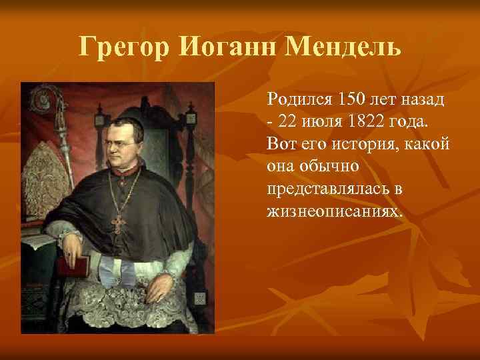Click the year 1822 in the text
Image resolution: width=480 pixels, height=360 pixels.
tap(368, 122)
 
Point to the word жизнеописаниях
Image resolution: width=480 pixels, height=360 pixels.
tap(335, 210)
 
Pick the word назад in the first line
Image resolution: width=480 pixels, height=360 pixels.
tap(426, 101)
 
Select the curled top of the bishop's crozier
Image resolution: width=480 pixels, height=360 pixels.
tap(49, 100)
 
